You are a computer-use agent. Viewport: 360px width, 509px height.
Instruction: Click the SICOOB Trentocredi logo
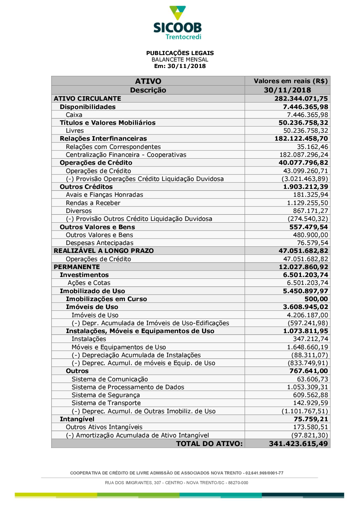pyautogui.click(x=177, y=23)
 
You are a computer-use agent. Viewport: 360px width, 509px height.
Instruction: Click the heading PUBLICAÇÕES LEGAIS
pyautogui.click(x=180, y=53)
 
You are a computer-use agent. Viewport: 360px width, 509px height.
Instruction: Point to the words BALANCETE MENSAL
pyautogui.click(x=180, y=59)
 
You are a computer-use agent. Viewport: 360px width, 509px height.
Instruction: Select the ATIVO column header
pyautogui.click(x=148, y=81)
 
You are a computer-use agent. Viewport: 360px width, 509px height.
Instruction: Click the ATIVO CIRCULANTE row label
pyautogui.click(x=87, y=99)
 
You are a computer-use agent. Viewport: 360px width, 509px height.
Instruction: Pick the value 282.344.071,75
pyautogui.click(x=301, y=99)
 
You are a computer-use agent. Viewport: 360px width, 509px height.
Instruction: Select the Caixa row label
pyautogui.click(x=74, y=115)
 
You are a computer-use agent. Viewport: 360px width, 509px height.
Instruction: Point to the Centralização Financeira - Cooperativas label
pyautogui.click(x=126, y=155)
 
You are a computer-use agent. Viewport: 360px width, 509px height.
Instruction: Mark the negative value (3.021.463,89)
pyautogui.click(x=305, y=179)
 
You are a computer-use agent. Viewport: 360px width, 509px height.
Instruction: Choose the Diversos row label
pyautogui.click(x=79, y=211)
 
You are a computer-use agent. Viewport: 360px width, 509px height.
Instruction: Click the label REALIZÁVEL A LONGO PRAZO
pyautogui.click(x=104, y=251)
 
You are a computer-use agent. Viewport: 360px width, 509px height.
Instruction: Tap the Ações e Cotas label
pyautogui.click(x=89, y=283)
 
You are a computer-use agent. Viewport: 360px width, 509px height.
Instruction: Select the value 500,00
pyautogui.click(x=316, y=299)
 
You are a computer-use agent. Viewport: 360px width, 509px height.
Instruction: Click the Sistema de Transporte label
pyautogui.click(x=106, y=403)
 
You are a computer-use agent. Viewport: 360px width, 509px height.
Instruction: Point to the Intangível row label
pyautogui.click(x=77, y=419)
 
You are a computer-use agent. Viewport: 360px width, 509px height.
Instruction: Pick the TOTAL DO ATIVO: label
pyautogui.click(x=209, y=444)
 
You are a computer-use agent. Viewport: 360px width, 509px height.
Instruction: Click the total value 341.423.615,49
pyautogui.click(x=298, y=444)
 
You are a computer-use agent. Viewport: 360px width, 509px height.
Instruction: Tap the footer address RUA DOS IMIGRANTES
pyautogui.click(x=176, y=483)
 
